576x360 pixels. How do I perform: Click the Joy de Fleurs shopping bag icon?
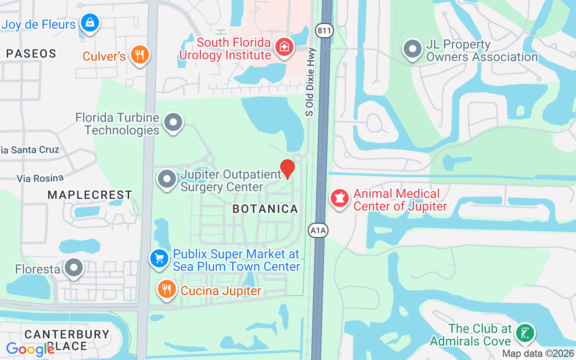tap(90, 22)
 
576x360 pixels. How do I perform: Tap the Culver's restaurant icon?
tap(139, 54)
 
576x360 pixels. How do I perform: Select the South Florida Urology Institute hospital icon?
tap(284, 47)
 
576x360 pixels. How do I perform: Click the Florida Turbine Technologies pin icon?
tap(173, 122)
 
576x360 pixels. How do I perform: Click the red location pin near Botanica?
tap(287, 169)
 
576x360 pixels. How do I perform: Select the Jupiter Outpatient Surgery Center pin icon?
tap(167, 179)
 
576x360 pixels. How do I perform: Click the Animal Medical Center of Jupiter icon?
tap(340, 198)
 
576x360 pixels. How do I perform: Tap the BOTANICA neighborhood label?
tap(265, 209)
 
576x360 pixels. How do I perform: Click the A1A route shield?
tap(318, 230)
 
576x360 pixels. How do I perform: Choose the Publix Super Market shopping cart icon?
tap(159, 259)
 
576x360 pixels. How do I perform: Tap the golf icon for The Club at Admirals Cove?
tap(525, 333)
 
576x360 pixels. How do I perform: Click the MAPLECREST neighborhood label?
tap(90, 195)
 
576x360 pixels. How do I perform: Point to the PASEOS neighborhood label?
tap(31, 54)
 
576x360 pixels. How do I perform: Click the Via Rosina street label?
tap(40, 178)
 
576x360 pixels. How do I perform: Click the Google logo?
tap(30, 349)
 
